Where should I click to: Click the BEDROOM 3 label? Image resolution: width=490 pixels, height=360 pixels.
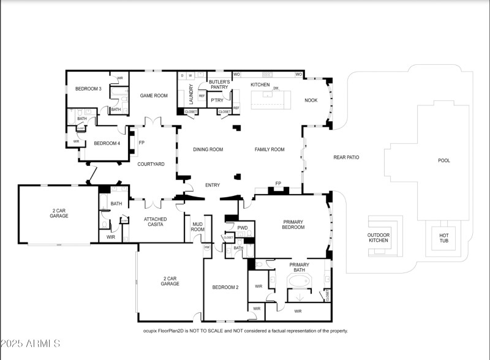point(88,89)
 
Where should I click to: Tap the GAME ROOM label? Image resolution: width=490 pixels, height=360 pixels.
point(154,96)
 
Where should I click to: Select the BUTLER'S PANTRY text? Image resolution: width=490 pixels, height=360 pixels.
point(219,84)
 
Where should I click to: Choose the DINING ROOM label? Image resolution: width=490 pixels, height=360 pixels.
point(208,149)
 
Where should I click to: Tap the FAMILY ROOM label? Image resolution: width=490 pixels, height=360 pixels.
point(269,149)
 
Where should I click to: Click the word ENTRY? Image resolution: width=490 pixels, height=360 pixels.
point(213,185)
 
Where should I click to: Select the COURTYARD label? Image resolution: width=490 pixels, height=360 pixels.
point(151,164)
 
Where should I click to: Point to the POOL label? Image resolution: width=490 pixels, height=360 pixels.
point(444,160)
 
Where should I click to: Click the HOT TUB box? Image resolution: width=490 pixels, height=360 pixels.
point(444,238)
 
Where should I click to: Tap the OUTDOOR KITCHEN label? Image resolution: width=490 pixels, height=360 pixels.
point(378,238)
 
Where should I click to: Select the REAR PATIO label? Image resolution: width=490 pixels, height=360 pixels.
point(346,157)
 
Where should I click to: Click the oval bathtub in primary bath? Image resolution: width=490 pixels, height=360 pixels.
point(300,282)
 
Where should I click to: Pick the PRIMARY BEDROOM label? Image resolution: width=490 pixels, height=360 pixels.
point(293,225)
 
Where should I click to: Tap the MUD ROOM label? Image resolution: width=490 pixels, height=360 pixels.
point(198,227)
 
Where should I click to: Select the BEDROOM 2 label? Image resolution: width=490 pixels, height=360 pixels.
point(225,287)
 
